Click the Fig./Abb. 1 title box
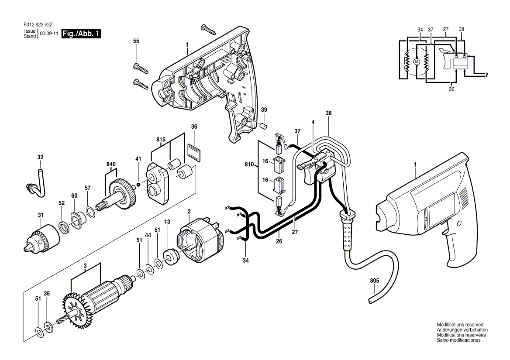click(x=81, y=34)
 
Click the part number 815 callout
click(x=161, y=140)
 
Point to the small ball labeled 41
click(x=138, y=185)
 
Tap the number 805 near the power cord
click(x=374, y=281)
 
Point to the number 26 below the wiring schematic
click(x=451, y=89)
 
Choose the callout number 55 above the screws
click(x=136, y=41)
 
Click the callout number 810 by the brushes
click(x=249, y=165)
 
